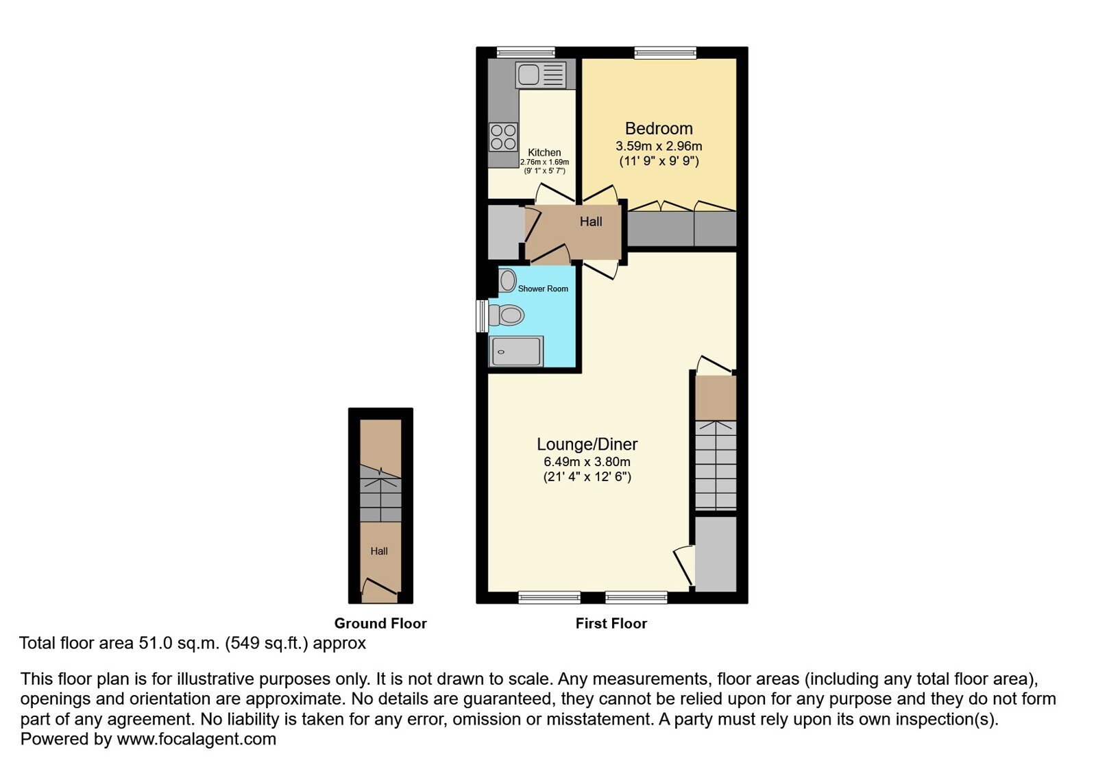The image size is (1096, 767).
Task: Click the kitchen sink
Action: click(540, 75)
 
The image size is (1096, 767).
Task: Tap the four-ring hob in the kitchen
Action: click(504, 137)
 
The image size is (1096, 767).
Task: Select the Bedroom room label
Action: click(659, 128)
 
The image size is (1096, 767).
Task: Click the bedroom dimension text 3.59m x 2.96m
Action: click(659, 146)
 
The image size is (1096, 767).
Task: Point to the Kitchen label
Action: click(544, 153)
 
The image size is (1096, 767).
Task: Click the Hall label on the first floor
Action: click(591, 221)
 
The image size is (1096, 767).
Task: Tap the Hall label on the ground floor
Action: click(379, 551)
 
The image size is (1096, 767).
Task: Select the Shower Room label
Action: click(543, 289)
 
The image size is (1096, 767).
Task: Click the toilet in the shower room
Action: click(506, 315)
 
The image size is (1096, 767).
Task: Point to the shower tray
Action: click(516, 351)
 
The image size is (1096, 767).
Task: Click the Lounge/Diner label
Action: click(587, 444)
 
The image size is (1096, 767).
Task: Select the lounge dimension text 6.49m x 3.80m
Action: click(587, 462)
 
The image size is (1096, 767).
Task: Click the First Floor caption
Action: click(611, 623)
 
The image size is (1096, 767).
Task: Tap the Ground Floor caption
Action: click(380, 623)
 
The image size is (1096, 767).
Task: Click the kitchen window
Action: click(526, 52)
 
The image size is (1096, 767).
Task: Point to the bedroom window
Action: click(666, 52)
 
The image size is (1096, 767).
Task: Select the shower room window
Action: click(482, 317)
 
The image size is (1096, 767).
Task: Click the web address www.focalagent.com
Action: click(196, 739)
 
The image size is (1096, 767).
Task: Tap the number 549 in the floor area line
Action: click(245, 643)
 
